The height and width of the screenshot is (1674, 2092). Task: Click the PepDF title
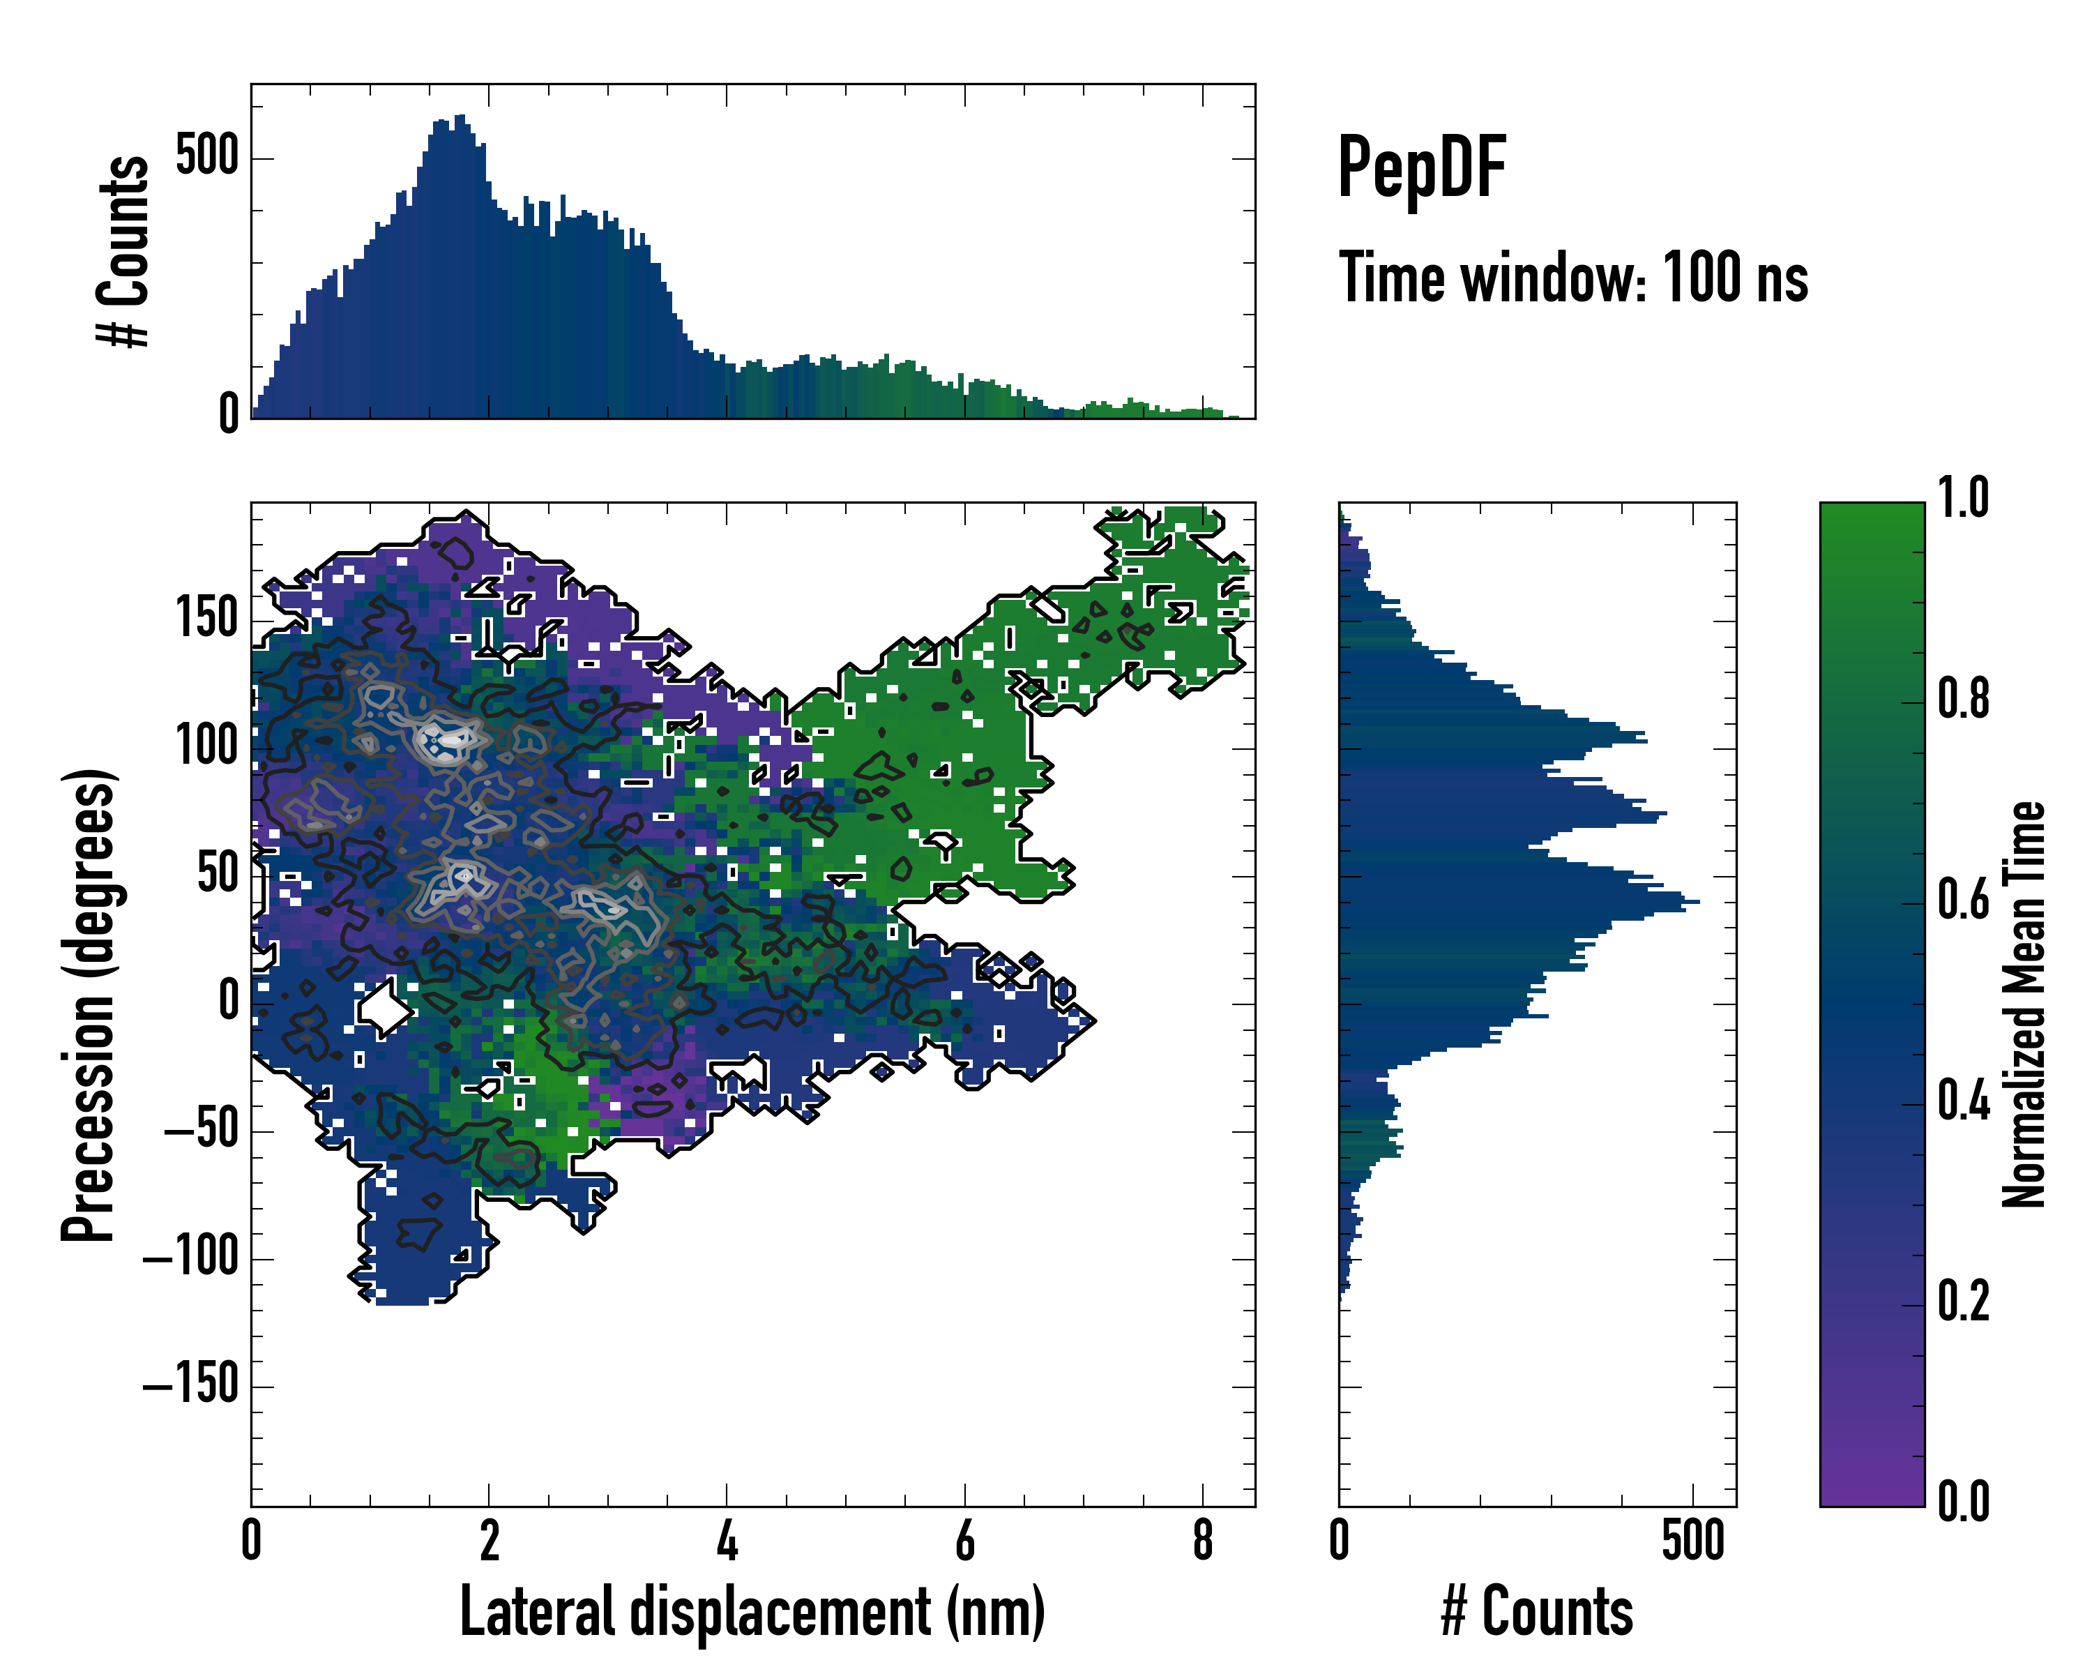1420,169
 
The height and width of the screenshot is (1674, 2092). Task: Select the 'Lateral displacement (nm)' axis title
752,1612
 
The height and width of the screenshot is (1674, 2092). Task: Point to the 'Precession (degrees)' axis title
89,1004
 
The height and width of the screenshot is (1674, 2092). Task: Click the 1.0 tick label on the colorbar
1963,499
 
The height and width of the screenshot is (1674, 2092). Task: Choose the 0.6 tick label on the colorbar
1963,900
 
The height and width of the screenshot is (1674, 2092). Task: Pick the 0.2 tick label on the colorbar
1963,1302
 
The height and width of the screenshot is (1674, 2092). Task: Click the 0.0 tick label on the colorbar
1963,1503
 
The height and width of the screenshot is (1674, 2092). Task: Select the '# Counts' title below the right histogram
1537,1612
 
